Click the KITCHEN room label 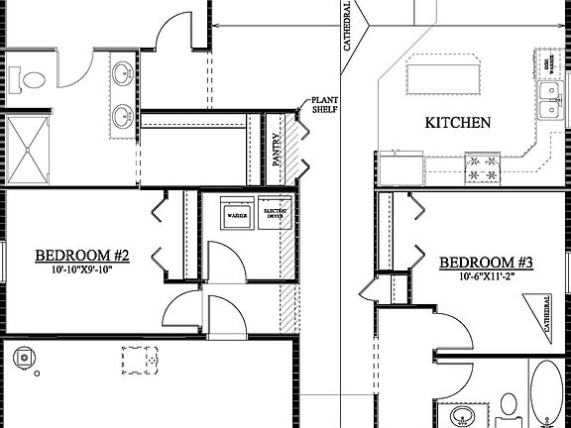tap(458, 124)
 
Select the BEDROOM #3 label tap(487, 263)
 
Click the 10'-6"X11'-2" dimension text tap(487, 278)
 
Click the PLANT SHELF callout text tap(326, 107)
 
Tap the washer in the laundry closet tap(237, 214)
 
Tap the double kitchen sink tap(549, 100)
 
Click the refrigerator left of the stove tap(400, 168)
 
